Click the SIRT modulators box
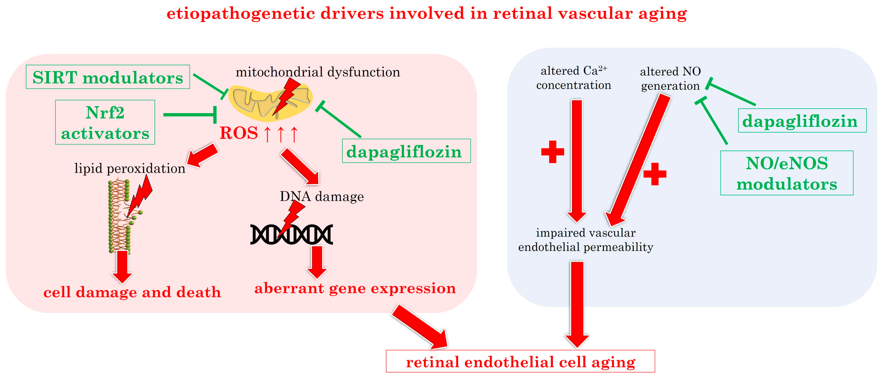click(108, 77)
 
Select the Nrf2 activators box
click(105, 122)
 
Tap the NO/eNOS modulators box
click(787, 173)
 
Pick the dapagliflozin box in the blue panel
click(802, 121)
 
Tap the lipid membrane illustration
click(120, 216)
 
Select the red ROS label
click(239, 133)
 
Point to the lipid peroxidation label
click(130, 168)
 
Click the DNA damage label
click(322, 196)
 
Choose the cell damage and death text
click(132, 292)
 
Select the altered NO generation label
click(670, 79)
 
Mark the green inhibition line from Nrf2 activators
click(190, 115)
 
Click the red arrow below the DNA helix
click(317, 262)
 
